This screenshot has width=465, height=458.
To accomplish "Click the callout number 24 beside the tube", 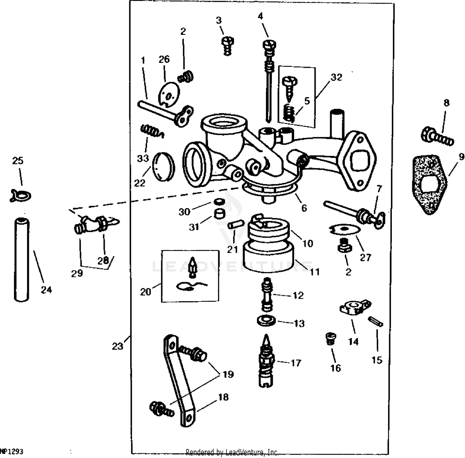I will click(46, 290).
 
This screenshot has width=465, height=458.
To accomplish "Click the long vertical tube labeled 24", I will click(22, 259).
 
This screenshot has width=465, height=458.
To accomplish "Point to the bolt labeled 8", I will click(437, 137).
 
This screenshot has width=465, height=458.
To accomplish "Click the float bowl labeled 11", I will click(269, 257).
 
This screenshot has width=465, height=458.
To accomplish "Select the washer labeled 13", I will click(266, 320).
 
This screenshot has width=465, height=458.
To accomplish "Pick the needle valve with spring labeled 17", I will click(265, 362).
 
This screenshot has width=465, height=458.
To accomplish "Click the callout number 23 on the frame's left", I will click(117, 346).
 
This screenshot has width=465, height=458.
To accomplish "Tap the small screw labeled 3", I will click(228, 45).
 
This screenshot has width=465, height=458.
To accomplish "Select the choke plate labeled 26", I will click(169, 94).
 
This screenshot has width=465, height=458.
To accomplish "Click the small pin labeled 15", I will click(375, 321).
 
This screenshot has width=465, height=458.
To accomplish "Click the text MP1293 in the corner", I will click(12, 451).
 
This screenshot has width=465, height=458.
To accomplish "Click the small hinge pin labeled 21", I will click(234, 225).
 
